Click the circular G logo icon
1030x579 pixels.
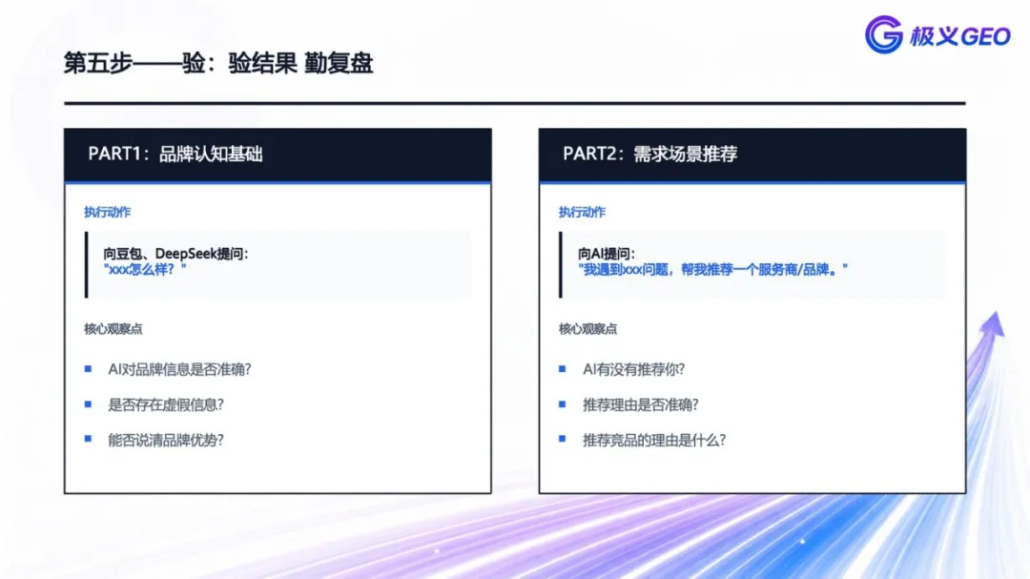[x=883, y=34]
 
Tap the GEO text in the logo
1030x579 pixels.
[x=985, y=37]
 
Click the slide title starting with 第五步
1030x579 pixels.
[x=218, y=64]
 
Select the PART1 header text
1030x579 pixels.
[x=175, y=154]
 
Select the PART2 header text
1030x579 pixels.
[x=649, y=154]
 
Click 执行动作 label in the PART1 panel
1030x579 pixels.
[x=107, y=213]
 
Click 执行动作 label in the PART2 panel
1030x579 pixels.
[x=582, y=213]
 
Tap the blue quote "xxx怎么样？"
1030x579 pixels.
[x=145, y=269]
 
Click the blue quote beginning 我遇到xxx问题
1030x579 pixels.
[x=712, y=269]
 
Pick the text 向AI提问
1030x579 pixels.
[x=607, y=254]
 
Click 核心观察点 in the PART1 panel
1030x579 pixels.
[x=113, y=328]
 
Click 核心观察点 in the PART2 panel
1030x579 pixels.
[x=587, y=328]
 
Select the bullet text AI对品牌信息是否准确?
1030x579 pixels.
[x=179, y=369]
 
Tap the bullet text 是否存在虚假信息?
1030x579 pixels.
[x=166, y=404]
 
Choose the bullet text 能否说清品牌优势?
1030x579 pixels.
[x=166, y=441]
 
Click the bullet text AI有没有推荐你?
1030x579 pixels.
[x=633, y=369]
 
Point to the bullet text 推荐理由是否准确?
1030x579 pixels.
[x=641, y=404]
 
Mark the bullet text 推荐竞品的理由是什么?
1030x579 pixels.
[x=654, y=441]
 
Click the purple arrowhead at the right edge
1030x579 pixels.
[x=993, y=324]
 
